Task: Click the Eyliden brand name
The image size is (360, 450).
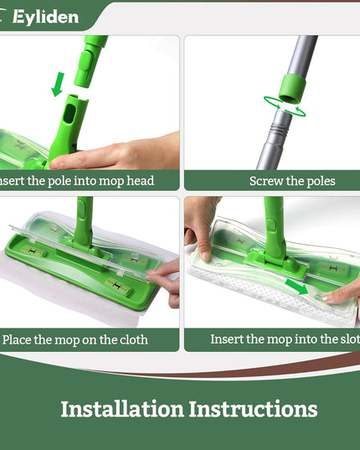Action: pos(45,17)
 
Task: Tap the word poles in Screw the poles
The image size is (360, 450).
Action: pos(318,181)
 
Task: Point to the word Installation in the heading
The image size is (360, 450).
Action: pos(121,409)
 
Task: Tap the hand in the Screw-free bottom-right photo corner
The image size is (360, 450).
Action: pos(343,292)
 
